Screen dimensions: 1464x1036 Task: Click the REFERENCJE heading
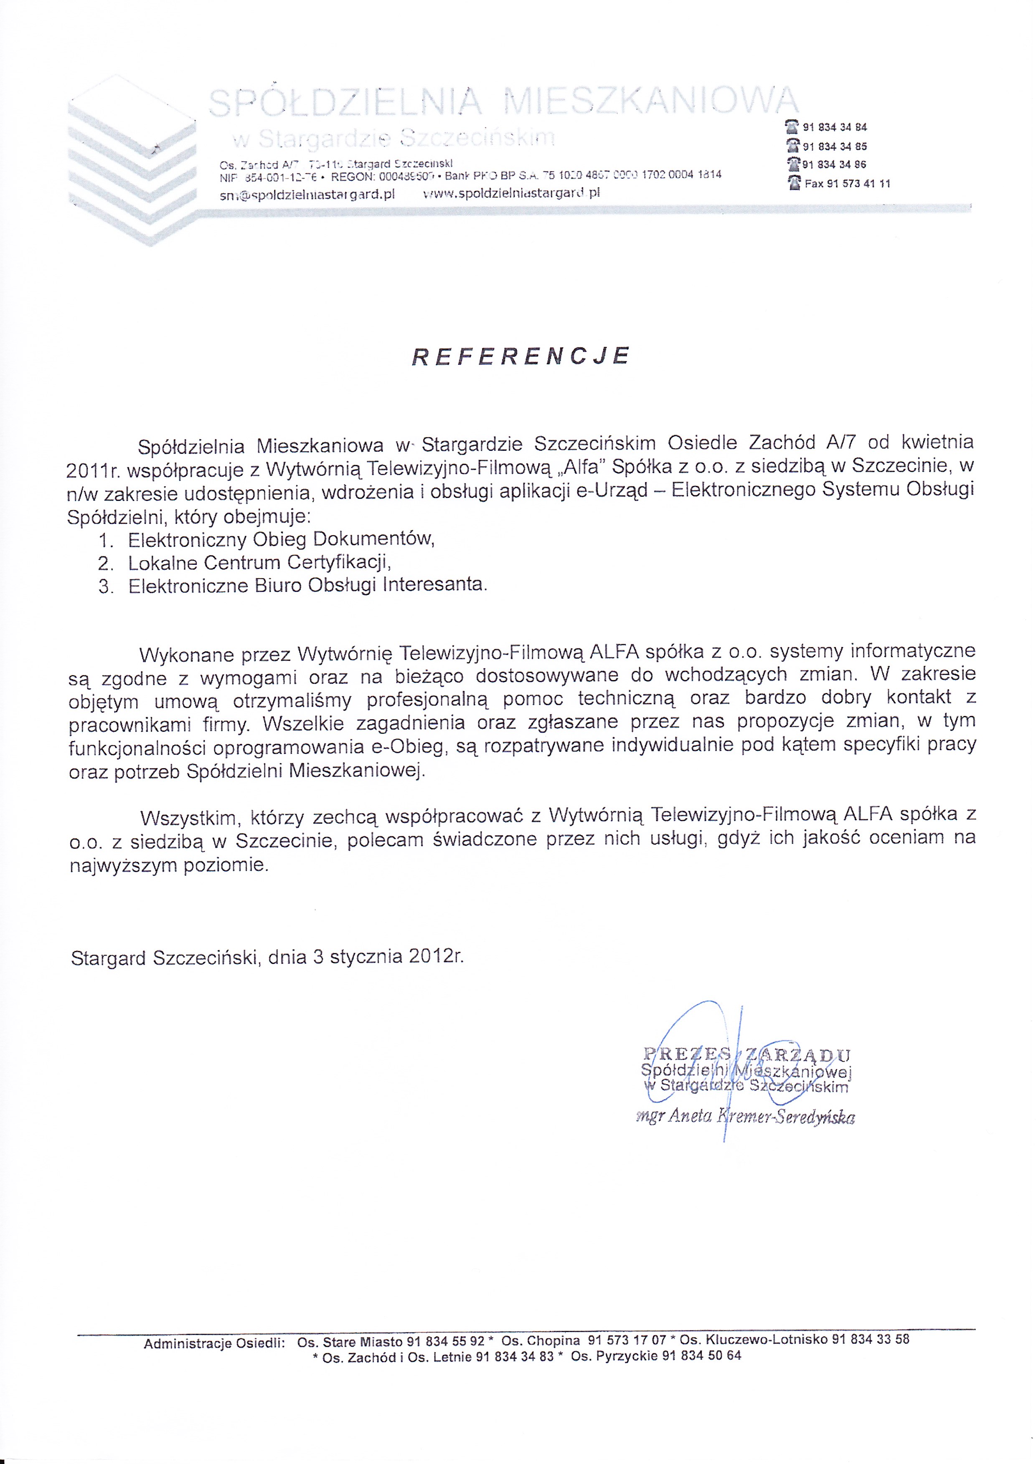pyautogui.click(x=521, y=356)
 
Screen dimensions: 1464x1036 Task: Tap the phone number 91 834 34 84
pyautogui.click(x=834, y=127)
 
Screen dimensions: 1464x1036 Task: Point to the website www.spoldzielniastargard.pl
pyautogui.click(x=512, y=192)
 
